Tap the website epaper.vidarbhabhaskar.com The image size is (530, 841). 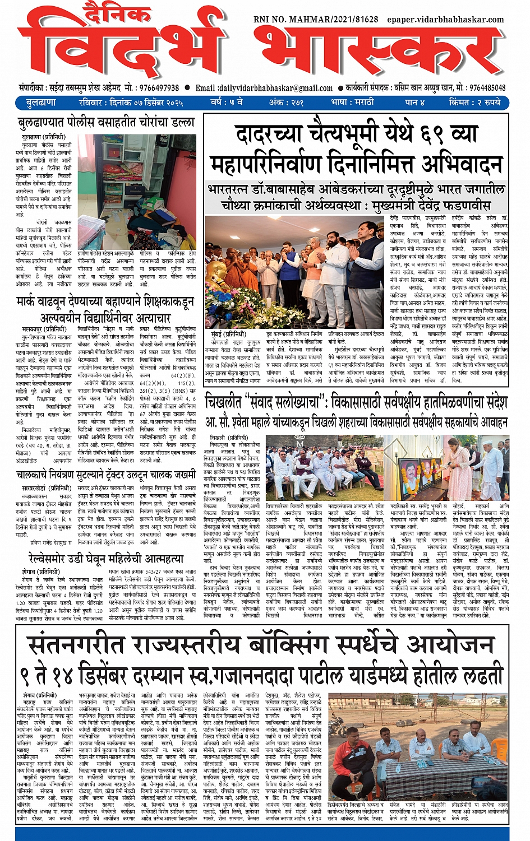[x=446, y=19]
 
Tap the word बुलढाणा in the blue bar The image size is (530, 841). [x=41, y=103]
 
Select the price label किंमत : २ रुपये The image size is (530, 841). [x=474, y=103]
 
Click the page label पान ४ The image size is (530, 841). [x=414, y=103]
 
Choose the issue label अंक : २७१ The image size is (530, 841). [x=286, y=103]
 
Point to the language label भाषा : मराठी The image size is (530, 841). [x=354, y=103]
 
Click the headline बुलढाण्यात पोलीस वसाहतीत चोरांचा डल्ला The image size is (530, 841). [x=106, y=123]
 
